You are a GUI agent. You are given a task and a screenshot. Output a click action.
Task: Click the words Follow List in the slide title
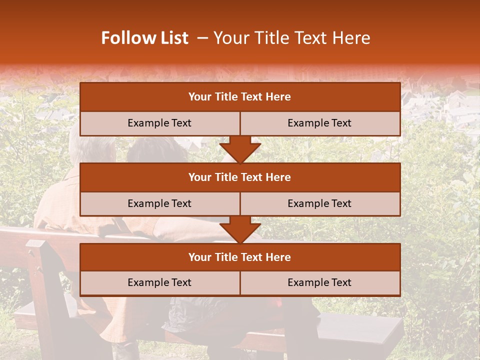tap(145, 38)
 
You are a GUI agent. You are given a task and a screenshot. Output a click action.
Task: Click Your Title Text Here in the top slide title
tap(292, 38)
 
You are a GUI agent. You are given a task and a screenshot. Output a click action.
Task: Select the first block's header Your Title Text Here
tap(239, 97)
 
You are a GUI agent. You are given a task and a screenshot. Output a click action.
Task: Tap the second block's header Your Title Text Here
tap(239, 177)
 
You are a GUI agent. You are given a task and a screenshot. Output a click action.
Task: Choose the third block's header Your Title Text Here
tap(239, 257)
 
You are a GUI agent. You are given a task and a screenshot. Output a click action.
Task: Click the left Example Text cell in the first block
tap(159, 123)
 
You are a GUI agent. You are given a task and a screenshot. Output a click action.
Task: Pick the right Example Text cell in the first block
tap(319, 123)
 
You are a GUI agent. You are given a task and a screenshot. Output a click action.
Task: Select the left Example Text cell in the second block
tap(159, 203)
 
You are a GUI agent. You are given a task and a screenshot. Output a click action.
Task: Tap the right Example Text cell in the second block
tap(319, 203)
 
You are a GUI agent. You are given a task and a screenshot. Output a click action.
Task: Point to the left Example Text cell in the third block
tap(159, 282)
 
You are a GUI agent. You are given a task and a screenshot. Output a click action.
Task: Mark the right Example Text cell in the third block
tap(319, 282)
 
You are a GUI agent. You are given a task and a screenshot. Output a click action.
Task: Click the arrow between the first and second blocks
tap(240, 149)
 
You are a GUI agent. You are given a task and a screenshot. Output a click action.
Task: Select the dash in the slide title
tap(202, 38)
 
